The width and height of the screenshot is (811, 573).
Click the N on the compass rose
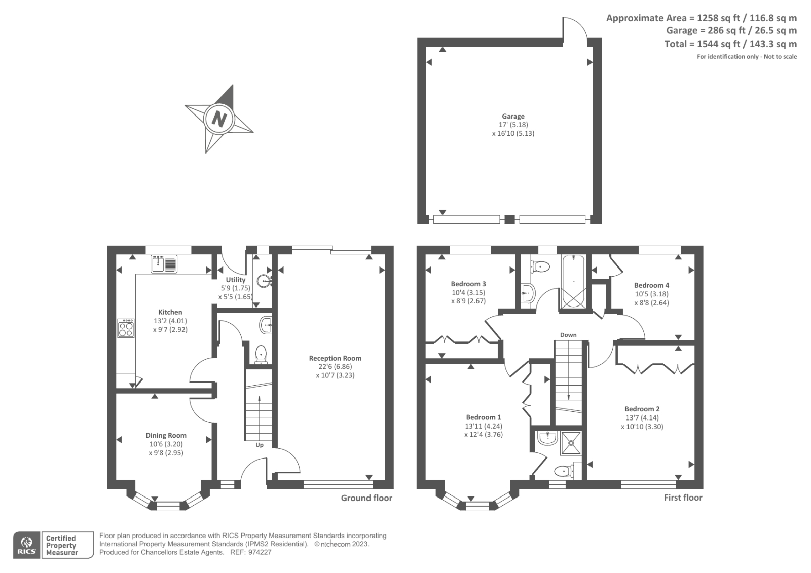click(219, 119)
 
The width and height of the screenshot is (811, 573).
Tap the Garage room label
click(513, 116)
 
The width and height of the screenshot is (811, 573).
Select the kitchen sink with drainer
click(164, 264)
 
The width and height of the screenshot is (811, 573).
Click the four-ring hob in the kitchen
click(126, 328)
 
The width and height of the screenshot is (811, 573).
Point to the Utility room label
click(236, 280)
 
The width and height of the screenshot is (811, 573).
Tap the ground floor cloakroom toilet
click(261, 354)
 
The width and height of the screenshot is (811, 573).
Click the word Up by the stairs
click(259, 445)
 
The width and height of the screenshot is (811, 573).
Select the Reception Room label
click(335, 358)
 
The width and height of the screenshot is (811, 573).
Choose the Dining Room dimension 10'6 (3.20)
click(166, 444)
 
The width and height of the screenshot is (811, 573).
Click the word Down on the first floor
click(568, 335)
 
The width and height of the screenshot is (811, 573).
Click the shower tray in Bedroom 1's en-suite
click(571, 443)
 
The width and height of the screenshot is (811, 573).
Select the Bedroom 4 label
click(651, 285)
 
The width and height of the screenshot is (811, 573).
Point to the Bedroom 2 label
click(642, 409)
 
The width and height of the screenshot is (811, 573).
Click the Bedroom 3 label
click(468, 284)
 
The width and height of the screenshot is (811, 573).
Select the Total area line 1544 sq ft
click(730, 44)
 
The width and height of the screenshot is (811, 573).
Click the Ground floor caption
click(366, 498)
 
